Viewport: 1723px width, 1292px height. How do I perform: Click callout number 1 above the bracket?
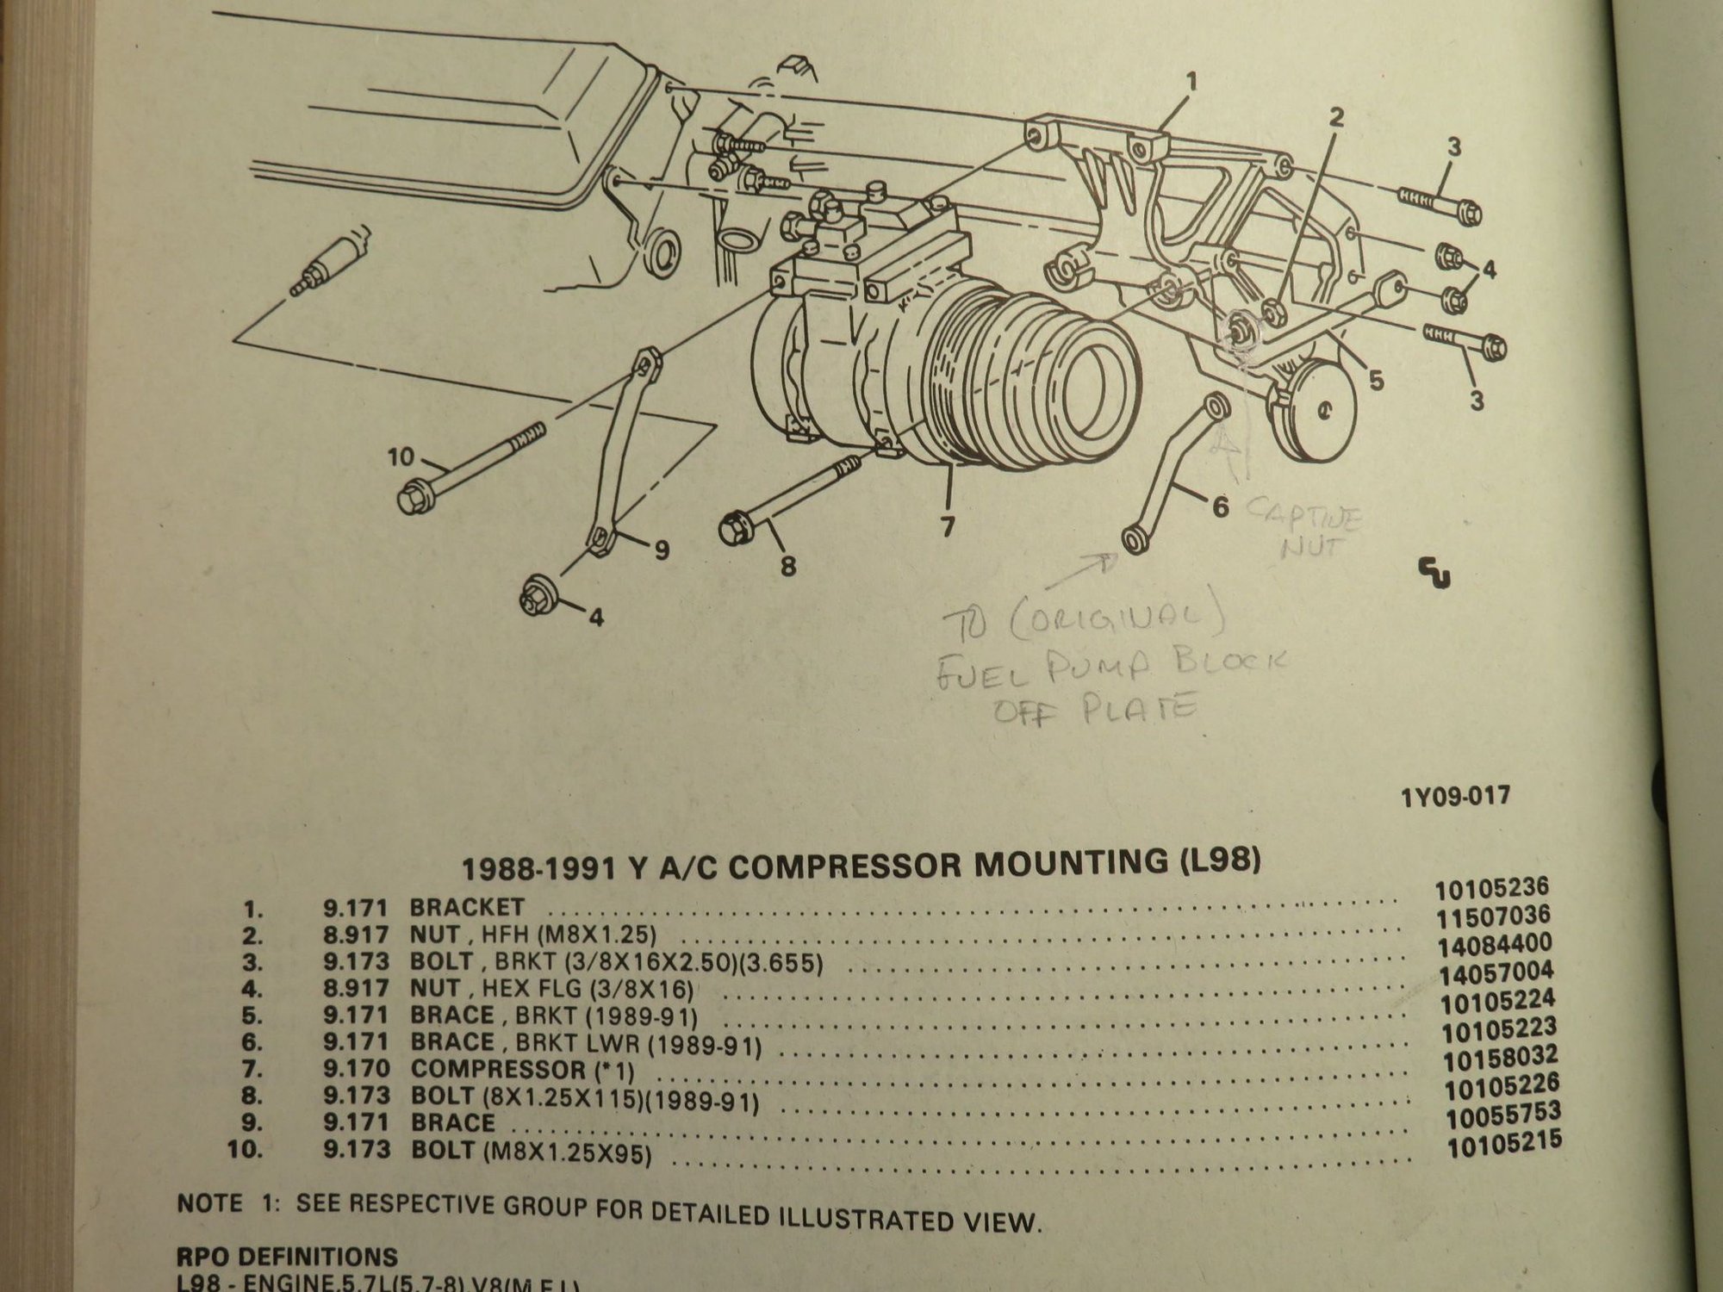pyautogui.click(x=1191, y=83)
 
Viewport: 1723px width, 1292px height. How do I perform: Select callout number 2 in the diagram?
pyautogui.click(x=1335, y=118)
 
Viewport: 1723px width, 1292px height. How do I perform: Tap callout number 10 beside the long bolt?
pyautogui.click(x=401, y=457)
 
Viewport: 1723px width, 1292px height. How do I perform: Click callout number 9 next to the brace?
pyautogui.click(x=661, y=550)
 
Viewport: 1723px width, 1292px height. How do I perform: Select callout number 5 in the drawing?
pyautogui.click(x=1376, y=379)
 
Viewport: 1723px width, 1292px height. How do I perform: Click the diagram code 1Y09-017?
pyautogui.click(x=1455, y=794)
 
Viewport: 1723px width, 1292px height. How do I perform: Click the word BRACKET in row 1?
pyautogui.click(x=467, y=907)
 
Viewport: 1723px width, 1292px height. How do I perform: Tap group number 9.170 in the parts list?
pyautogui.click(x=355, y=1069)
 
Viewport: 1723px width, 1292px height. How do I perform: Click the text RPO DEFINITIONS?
pyautogui.click(x=288, y=1257)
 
